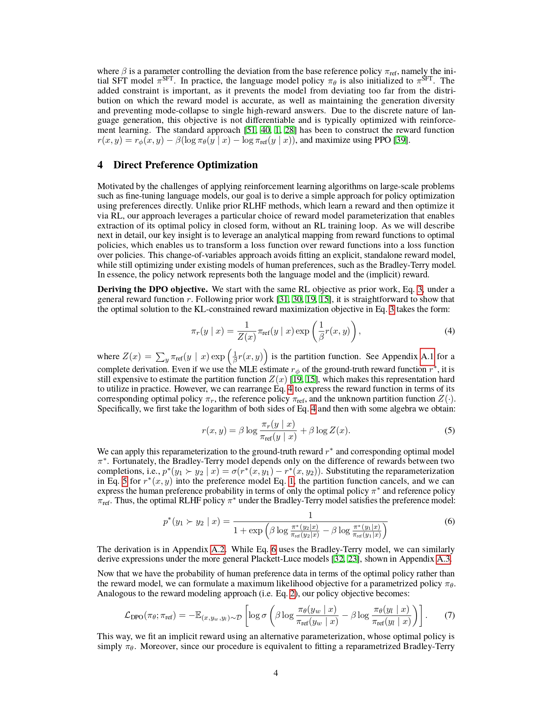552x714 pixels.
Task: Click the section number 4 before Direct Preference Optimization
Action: coord(100,165)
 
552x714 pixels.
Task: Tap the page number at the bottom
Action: coord(276,673)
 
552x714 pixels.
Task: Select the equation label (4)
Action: coord(449,331)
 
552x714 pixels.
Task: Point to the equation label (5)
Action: coord(449,431)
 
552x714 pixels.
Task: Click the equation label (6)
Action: coord(449,521)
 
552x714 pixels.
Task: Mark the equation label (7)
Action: coord(449,615)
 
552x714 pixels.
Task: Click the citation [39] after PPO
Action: coord(401,140)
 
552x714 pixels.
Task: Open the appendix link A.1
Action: coord(427,357)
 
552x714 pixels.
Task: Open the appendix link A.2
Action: coord(218,550)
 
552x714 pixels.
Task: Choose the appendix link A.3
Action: coord(443,559)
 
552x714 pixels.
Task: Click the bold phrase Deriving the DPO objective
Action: coord(152,289)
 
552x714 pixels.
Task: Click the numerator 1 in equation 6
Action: coord(310,515)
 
